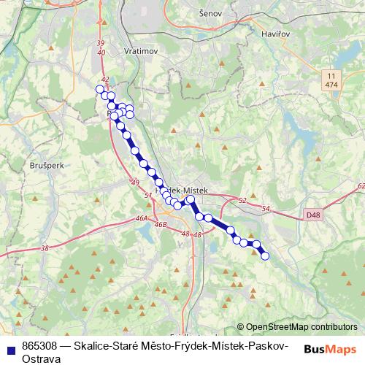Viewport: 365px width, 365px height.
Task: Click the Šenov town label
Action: [x=210, y=13]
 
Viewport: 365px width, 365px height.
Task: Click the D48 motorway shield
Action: [x=313, y=215]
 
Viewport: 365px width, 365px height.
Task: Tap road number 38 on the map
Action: [x=45, y=249]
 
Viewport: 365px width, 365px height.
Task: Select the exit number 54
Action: [x=266, y=210]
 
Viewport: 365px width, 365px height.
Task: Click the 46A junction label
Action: [x=141, y=218]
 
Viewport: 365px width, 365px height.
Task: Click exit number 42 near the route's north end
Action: [x=105, y=80]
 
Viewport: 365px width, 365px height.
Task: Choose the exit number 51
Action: [x=148, y=195]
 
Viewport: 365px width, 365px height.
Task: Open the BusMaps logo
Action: [x=329, y=350]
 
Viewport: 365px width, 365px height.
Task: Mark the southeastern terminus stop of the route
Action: [x=265, y=255]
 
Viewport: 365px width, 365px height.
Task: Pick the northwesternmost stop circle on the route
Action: [x=100, y=89]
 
